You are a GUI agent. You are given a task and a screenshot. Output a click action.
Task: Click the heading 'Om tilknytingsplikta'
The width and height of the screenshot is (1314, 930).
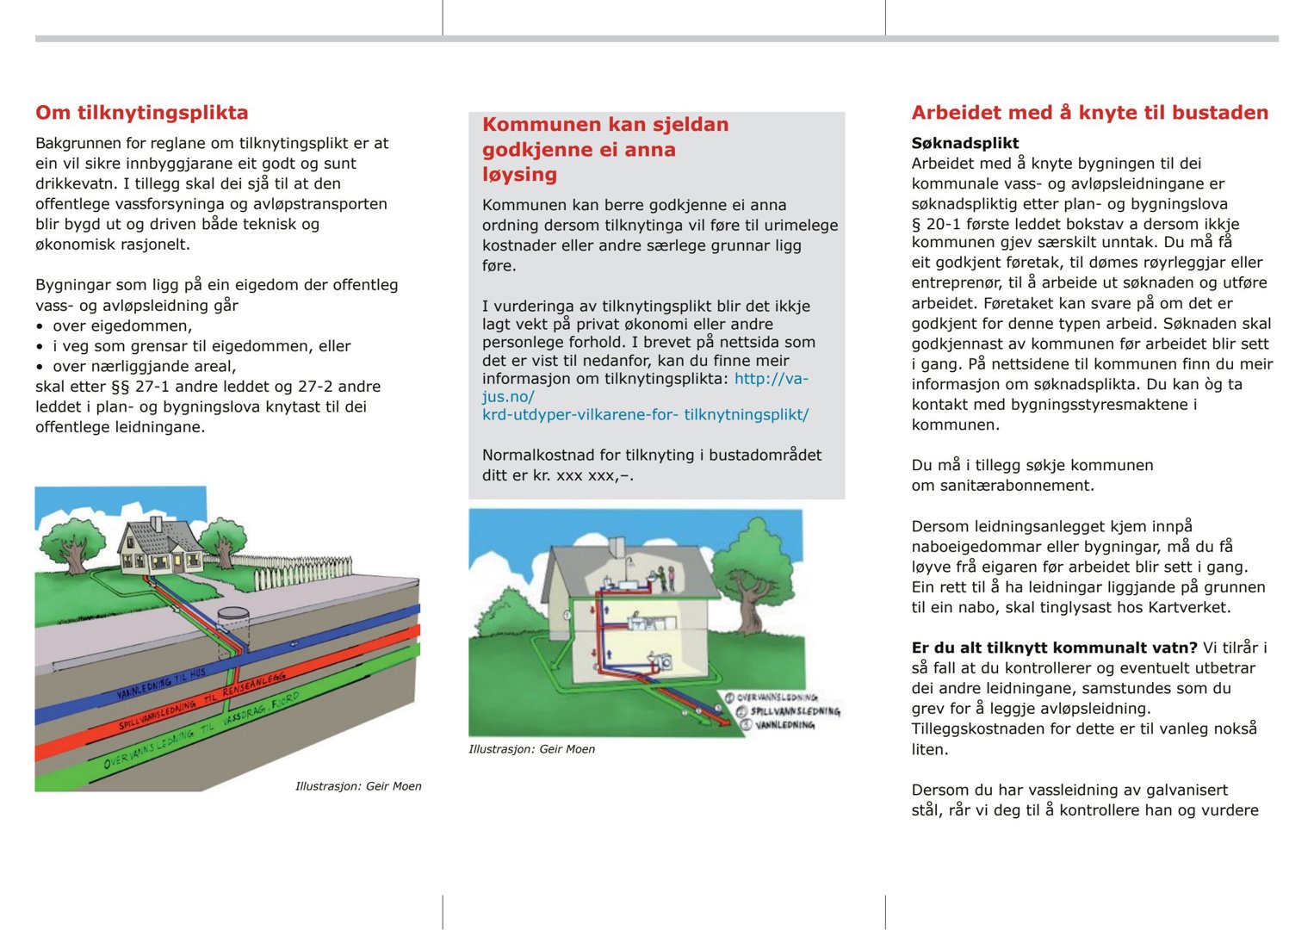point(142,113)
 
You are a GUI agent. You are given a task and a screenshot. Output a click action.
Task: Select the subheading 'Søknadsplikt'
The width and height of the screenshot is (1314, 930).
point(964,143)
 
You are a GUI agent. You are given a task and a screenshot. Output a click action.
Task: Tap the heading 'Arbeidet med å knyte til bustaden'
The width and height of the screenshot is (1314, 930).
point(1089,113)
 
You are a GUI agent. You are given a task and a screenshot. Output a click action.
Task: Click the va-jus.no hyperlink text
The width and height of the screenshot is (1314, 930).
point(645,396)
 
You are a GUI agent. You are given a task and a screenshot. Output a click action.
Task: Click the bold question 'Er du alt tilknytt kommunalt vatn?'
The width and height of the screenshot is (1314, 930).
point(1054,648)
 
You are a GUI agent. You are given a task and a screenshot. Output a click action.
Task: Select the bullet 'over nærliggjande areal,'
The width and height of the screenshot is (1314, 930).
point(145,366)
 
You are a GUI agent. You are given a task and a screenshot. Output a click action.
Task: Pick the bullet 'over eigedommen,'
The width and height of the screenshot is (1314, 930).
point(122,325)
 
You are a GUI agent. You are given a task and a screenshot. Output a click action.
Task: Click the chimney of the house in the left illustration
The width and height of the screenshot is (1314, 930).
point(156,524)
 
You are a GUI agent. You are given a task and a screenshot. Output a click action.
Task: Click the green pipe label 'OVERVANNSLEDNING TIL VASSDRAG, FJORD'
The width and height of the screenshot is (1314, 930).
point(201,730)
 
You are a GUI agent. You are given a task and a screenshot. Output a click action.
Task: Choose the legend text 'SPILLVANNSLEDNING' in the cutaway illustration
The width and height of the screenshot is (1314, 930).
point(795,711)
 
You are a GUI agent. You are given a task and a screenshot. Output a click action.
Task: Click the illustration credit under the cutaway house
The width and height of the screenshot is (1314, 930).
point(531,749)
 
